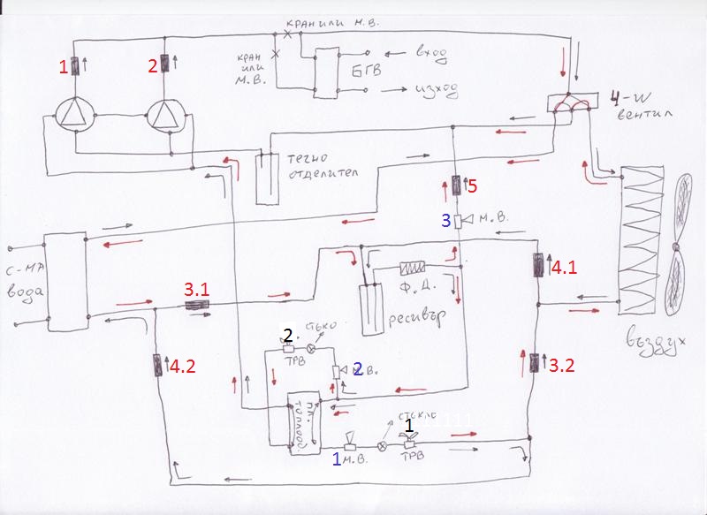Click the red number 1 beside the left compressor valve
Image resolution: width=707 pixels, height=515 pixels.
click(x=63, y=65)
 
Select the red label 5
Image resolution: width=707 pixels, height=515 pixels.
click(x=472, y=186)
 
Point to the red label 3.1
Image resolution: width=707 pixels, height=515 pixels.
click(x=197, y=289)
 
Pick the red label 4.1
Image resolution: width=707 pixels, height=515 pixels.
click(x=563, y=265)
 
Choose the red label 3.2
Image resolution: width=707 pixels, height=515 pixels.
click(x=563, y=361)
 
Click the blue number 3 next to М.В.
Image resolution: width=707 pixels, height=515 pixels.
click(x=447, y=218)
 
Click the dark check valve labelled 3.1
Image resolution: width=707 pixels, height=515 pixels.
click(x=195, y=306)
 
